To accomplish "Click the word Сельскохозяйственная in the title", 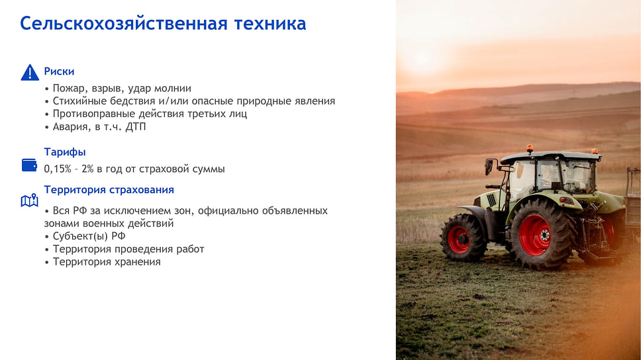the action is pos(124,24).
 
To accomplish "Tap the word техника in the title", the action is pos(270,24).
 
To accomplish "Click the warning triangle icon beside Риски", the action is pos(30,72).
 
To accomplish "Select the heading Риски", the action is pos(60,71).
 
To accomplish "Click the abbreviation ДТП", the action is pos(136,126).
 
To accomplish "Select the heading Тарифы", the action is pos(65,152).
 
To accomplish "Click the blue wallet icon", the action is pos(29,165).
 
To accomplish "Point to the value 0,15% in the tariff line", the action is pos(58,169).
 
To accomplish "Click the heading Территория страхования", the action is pos(109,190).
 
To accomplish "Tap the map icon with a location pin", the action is pos(29,201).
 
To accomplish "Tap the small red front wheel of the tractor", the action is pos(459,238).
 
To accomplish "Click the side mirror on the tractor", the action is pos(489,167).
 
